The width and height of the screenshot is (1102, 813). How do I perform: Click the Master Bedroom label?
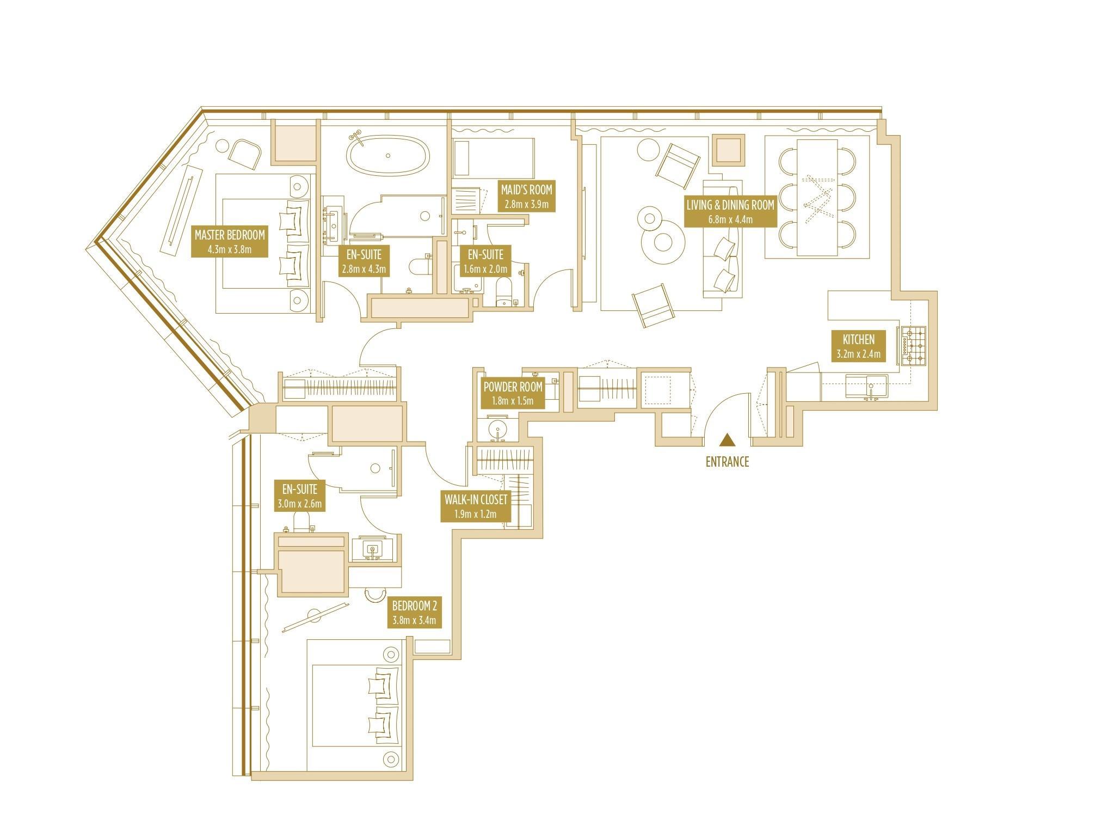pos(230,242)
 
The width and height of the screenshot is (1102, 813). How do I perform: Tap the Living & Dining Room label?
pos(730,211)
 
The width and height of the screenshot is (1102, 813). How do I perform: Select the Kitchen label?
pos(858,346)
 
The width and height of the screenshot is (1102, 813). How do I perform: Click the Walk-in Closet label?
pos(476,506)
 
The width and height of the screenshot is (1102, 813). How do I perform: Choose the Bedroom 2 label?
pos(415,613)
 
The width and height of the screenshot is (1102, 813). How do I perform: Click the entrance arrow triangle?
pos(727,440)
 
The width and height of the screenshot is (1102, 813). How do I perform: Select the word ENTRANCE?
pos(727,462)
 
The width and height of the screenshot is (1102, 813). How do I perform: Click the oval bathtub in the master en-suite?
pos(388,155)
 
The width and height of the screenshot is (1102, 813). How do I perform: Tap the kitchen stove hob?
pos(913,346)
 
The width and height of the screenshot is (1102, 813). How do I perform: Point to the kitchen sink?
pos(867,386)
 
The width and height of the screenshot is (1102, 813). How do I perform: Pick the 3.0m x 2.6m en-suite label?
pos(300,495)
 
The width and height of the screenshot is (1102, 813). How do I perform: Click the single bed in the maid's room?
pos(493,158)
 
